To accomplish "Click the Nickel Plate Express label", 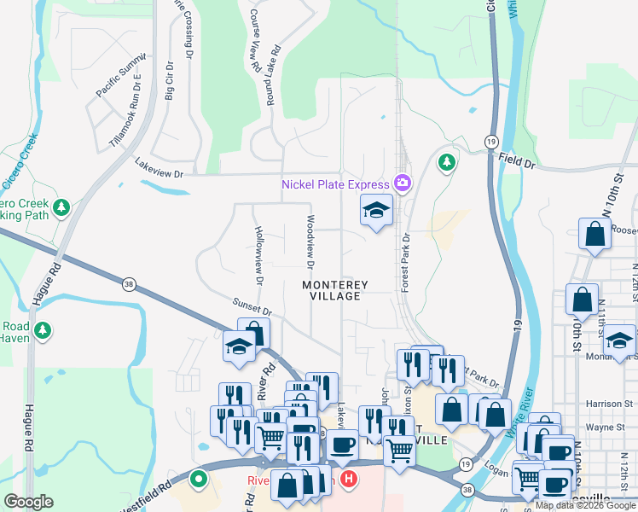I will coord(336,183).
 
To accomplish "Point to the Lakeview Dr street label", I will coord(159,173).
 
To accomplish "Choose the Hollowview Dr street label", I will coord(258,254).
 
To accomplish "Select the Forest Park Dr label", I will coord(407,263).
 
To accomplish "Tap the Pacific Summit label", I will coord(121,79).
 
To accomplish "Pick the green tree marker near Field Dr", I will coord(446,161).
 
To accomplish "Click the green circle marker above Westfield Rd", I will coord(199,480).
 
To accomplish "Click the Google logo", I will coord(29,502).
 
